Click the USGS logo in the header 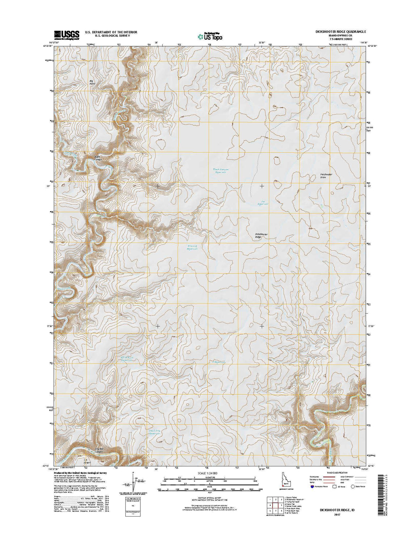67,34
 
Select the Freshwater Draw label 326,176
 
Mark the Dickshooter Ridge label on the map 261,235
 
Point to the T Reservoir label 219,362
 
